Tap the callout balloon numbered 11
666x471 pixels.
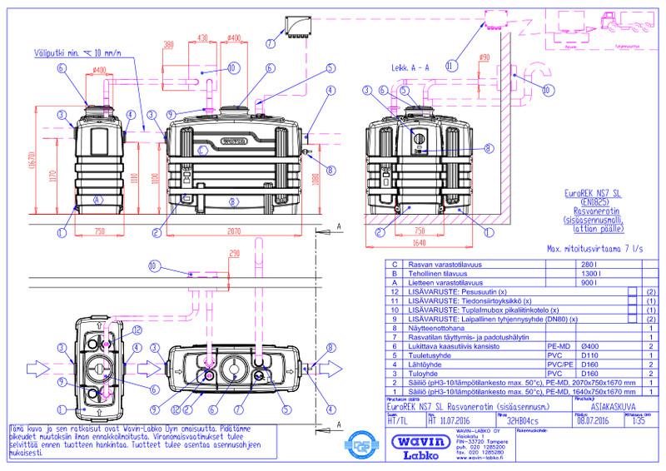pos(451,63)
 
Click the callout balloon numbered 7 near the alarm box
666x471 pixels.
pos(270,42)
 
